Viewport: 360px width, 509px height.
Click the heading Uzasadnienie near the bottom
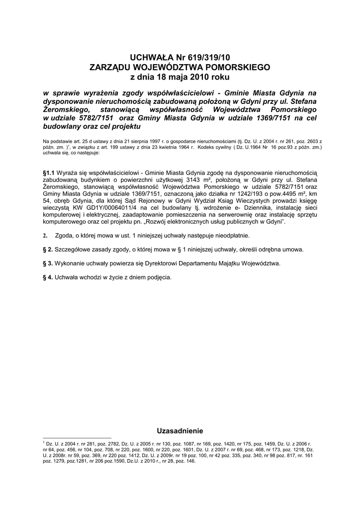[180, 430]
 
